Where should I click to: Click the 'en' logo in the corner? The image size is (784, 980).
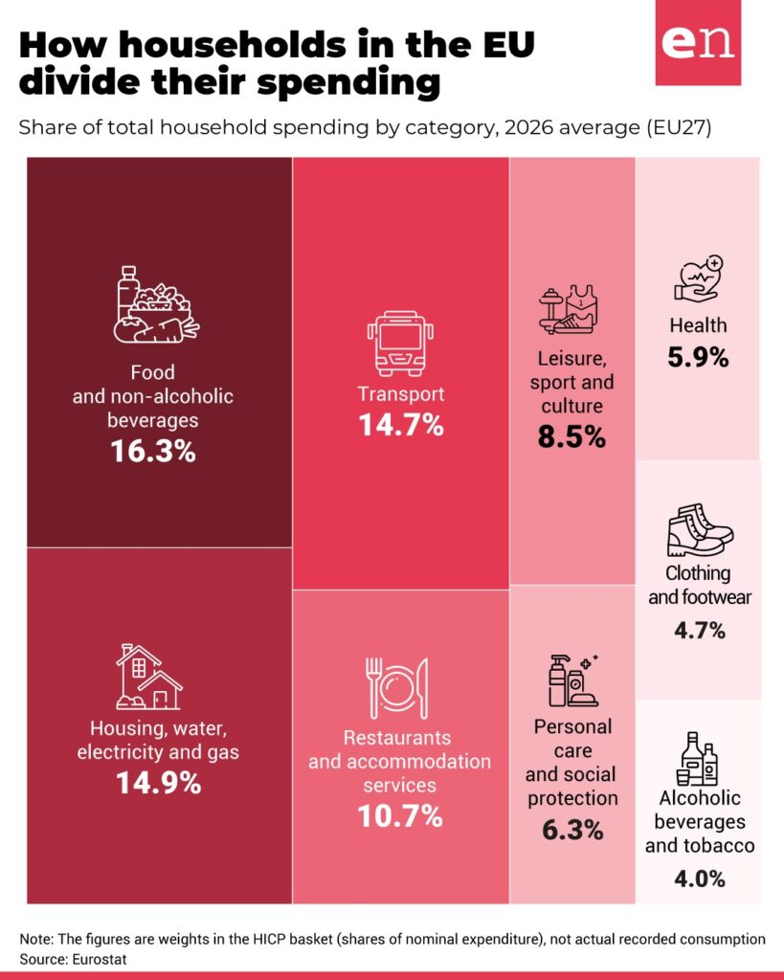pos(698,42)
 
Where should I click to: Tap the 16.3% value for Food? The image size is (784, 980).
pos(153,451)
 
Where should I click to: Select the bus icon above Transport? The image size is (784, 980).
pos(400,344)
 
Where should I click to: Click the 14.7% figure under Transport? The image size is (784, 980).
pos(401,425)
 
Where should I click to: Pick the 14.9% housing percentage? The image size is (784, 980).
pos(159,783)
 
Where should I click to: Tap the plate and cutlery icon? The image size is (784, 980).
pos(397,688)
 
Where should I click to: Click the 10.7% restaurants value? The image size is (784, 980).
pos(400,815)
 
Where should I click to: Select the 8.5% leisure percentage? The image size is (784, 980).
pos(571,436)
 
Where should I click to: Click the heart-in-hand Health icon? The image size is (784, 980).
pos(699,278)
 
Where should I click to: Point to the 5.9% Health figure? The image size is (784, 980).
pos(698,358)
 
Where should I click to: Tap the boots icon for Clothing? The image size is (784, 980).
pos(700,530)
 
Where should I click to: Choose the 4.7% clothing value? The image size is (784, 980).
pos(700,630)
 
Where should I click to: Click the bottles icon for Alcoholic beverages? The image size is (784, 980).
pos(697,759)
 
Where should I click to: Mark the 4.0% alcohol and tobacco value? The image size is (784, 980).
pos(700,879)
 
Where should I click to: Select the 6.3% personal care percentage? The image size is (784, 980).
pos(572,830)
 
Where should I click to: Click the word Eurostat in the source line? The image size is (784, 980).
pos(100,959)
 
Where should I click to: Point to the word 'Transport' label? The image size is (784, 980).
pos(401,393)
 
